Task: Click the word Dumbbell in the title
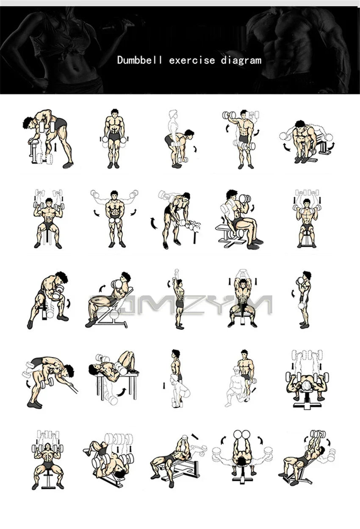click(140, 60)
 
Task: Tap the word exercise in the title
click(192, 60)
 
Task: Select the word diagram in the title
click(241, 60)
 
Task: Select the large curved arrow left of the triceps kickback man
click(153, 223)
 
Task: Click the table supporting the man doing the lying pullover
click(116, 384)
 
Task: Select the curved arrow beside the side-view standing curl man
click(293, 293)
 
